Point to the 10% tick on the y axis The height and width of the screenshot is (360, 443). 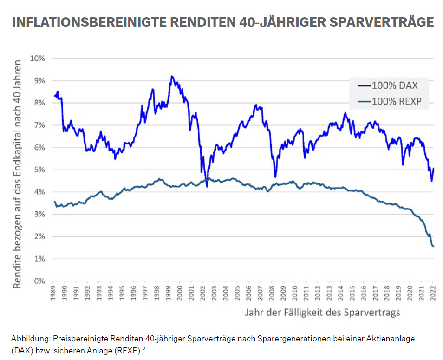(37, 59)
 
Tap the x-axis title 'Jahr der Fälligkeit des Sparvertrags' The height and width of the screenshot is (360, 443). (322, 313)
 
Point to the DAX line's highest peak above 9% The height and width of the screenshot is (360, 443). (172, 76)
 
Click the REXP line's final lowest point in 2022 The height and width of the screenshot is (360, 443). (433, 246)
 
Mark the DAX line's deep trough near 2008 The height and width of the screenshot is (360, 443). (275, 177)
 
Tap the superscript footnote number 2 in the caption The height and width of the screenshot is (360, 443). (144, 349)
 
